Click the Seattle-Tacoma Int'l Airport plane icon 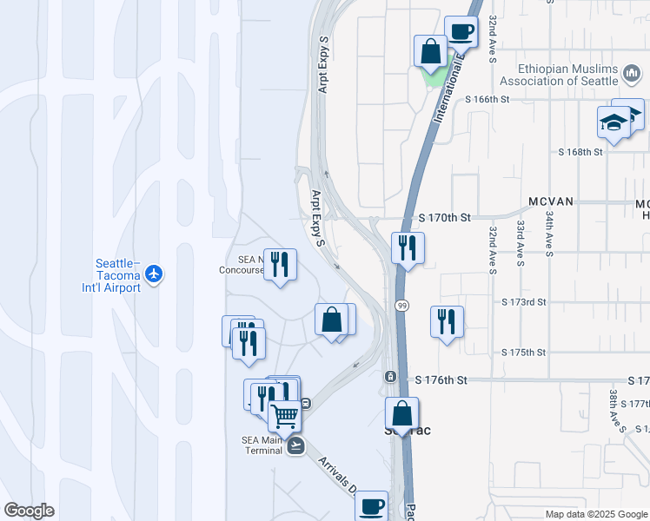[155, 274]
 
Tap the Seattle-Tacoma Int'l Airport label [117, 275]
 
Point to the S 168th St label [580, 152]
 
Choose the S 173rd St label [524, 302]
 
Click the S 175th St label [524, 353]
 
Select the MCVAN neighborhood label [550, 201]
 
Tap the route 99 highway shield [402, 306]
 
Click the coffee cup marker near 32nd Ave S [461, 32]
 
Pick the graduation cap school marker [614, 122]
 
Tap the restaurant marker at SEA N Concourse [280, 264]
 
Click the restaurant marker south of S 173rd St [447, 322]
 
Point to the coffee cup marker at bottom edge [372, 505]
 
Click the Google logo [29, 511]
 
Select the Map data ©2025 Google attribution [595, 514]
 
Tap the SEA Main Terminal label [262, 445]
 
